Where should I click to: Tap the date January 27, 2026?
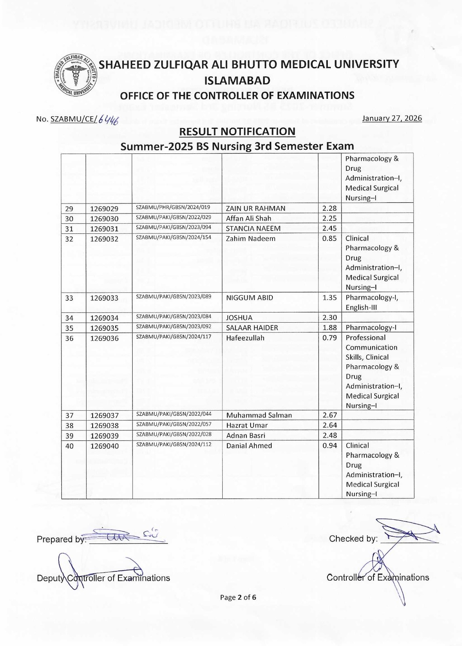(x=392, y=118)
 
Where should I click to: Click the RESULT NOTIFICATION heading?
(x=237, y=132)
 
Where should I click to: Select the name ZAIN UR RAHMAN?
(x=255, y=208)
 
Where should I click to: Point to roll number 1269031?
(x=104, y=229)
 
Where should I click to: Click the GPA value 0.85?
(x=329, y=239)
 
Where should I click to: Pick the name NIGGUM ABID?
(x=249, y=298)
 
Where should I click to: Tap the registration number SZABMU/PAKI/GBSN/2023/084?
(x=173, y=317)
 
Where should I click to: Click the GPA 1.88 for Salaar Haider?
(x=329, y=327)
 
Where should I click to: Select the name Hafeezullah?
(x=245, y=338)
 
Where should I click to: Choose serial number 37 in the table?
(x=70, y=415)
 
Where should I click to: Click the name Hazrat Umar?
(x=247, y=425)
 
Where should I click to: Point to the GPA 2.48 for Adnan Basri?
(x=329, y=436)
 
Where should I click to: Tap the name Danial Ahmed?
(x=249, y=446)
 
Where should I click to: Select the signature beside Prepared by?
(x=125, y=535)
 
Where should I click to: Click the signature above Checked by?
(x=408, y=531)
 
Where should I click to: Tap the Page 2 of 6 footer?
(x=238, y=598)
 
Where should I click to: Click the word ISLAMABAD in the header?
(x=237, y=80)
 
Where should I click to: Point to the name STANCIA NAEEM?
(x=253, y=229)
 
